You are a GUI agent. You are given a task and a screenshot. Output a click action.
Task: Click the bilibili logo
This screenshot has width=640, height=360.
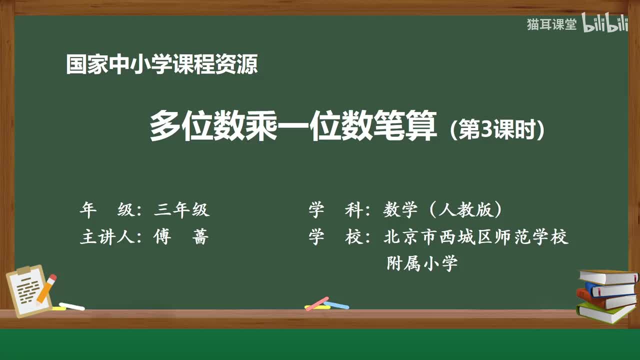(x=605, y=24)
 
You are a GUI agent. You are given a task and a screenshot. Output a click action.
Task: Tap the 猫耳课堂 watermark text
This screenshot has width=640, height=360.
(x=551, y=24)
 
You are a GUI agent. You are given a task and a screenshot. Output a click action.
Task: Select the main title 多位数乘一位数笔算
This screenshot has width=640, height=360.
(x=293, y=126)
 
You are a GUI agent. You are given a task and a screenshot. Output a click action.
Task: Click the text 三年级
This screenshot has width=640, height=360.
(x=181, y=210)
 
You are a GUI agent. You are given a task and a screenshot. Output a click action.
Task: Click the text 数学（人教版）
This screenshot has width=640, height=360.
(x=442, y=210)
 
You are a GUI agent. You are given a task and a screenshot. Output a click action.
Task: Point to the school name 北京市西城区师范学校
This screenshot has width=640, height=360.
(x=475, y=237)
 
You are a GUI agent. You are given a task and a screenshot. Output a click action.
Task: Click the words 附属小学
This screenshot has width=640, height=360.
(x=422, y=263)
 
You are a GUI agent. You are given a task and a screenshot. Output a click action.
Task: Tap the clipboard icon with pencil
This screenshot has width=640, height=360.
(x=31, y=290)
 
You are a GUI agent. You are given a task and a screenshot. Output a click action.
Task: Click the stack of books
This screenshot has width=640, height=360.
(x=606, y=295)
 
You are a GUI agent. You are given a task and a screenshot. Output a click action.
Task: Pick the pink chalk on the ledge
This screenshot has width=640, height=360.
(x=317, y=303)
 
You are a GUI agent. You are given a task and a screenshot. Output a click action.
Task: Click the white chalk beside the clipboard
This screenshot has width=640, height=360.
(x=71, y=306)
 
